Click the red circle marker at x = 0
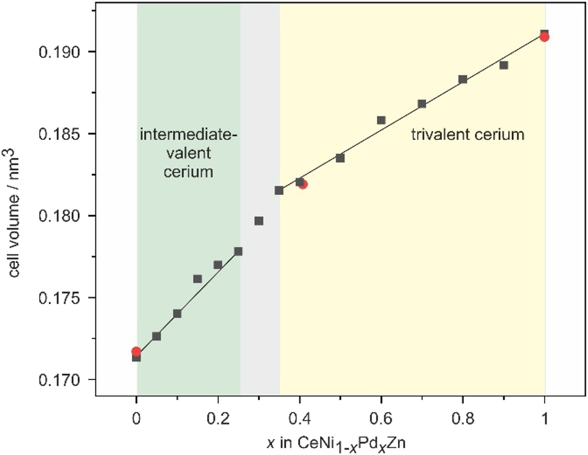[x=136, y=352]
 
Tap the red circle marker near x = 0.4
[x=303, y=184]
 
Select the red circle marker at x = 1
[x=545, y=37]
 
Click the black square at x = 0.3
[x=259, y=221]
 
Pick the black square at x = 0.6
[x=381, y=120]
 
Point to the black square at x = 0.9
[x=504, y=65]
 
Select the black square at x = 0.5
[x=340, y=158]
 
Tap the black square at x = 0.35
[x=279, y=190]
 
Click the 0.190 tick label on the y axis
[x=63, y=51]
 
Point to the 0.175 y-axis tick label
[x=63, y=298]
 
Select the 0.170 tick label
[x=63, y=380]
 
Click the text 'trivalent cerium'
[x=468, y=134]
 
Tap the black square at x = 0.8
[x=463, y=79]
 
